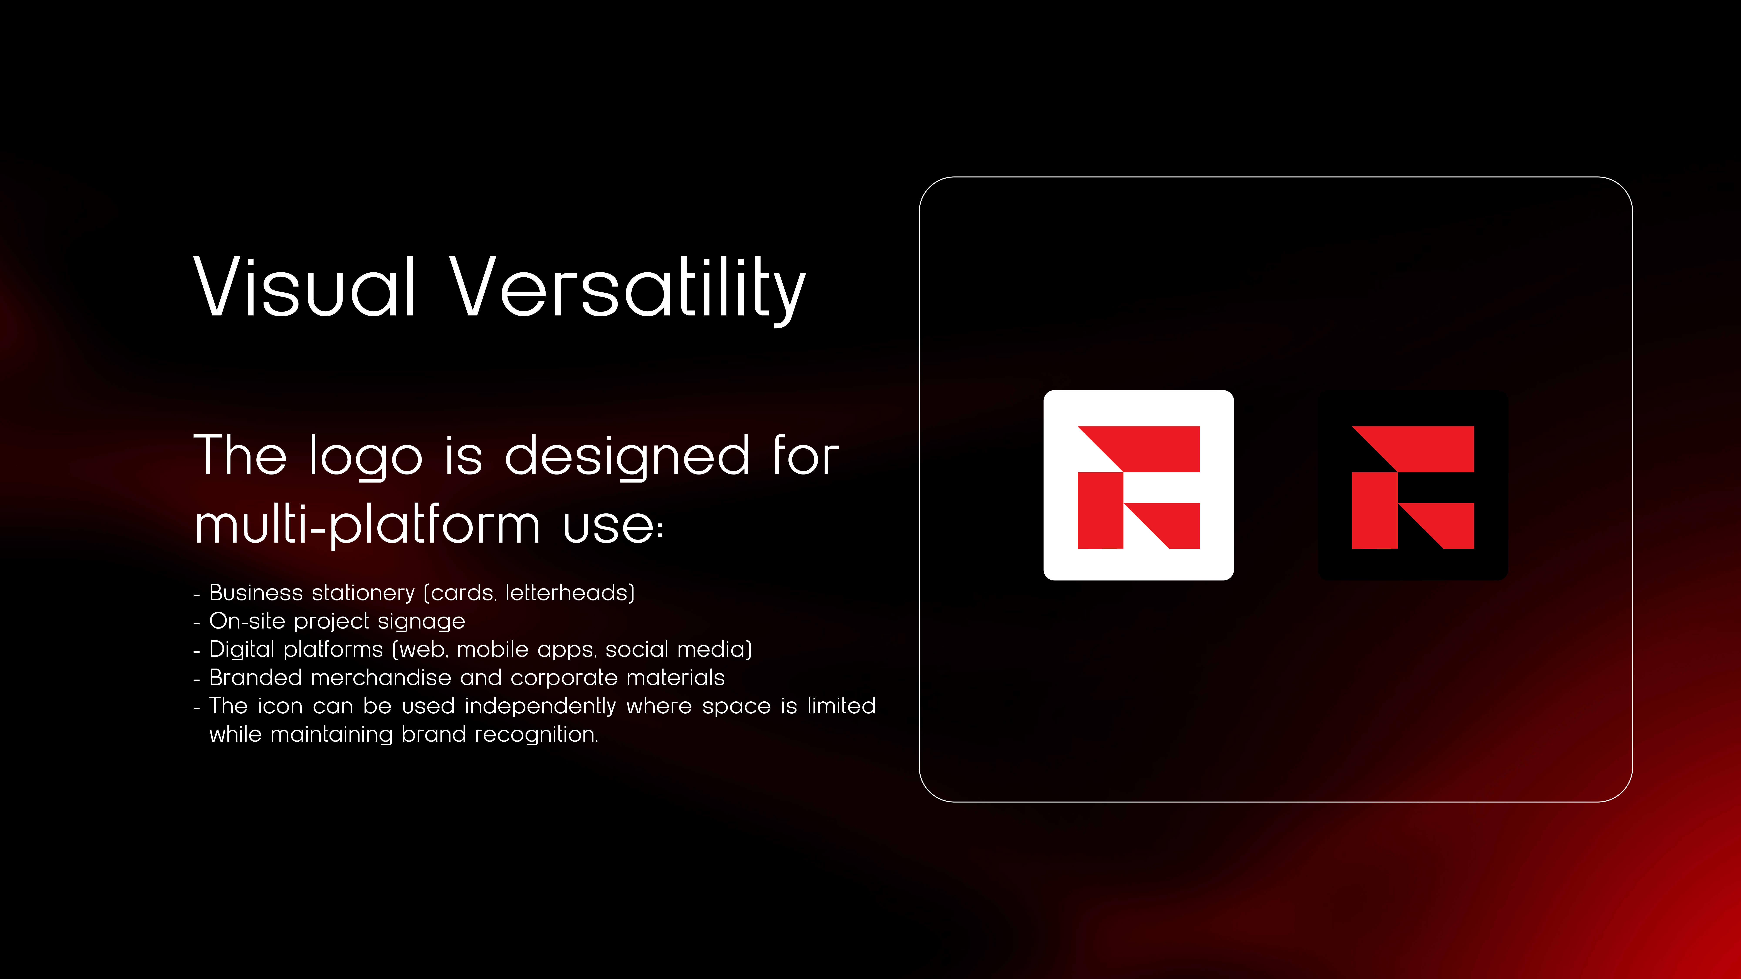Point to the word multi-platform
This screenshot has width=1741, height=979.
tap(367, 526)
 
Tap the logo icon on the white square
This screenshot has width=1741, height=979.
tap(1138, 487)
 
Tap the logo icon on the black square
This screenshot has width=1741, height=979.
tap(1413, 487)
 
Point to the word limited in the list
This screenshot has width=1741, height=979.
tap(841, 706)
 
